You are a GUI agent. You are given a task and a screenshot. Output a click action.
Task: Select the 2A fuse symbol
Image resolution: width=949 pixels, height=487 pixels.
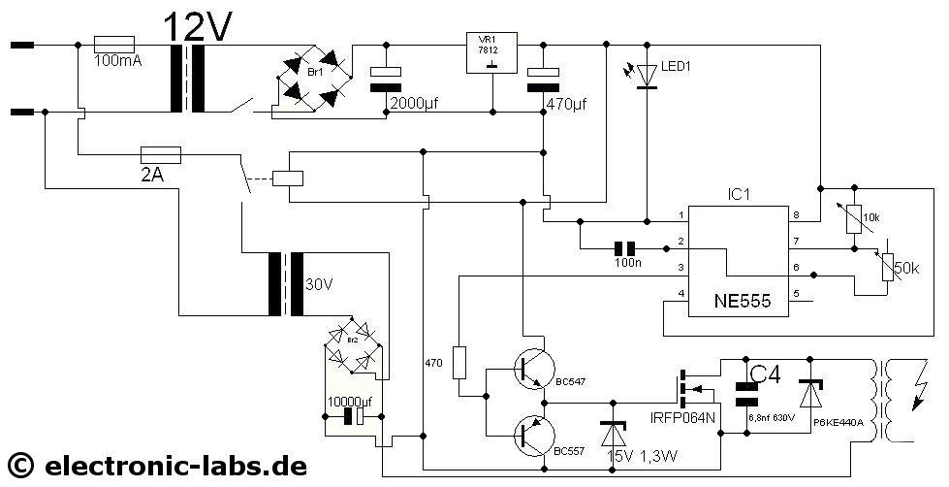(x=160, y=153)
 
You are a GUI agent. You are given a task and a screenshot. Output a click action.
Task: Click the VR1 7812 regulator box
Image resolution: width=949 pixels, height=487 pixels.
(x=491, y=52)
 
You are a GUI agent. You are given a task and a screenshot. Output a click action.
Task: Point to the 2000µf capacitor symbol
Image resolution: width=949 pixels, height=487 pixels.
(x=386, y=79)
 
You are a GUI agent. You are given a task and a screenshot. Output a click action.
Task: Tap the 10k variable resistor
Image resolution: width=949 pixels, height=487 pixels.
(x=852, y=218)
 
